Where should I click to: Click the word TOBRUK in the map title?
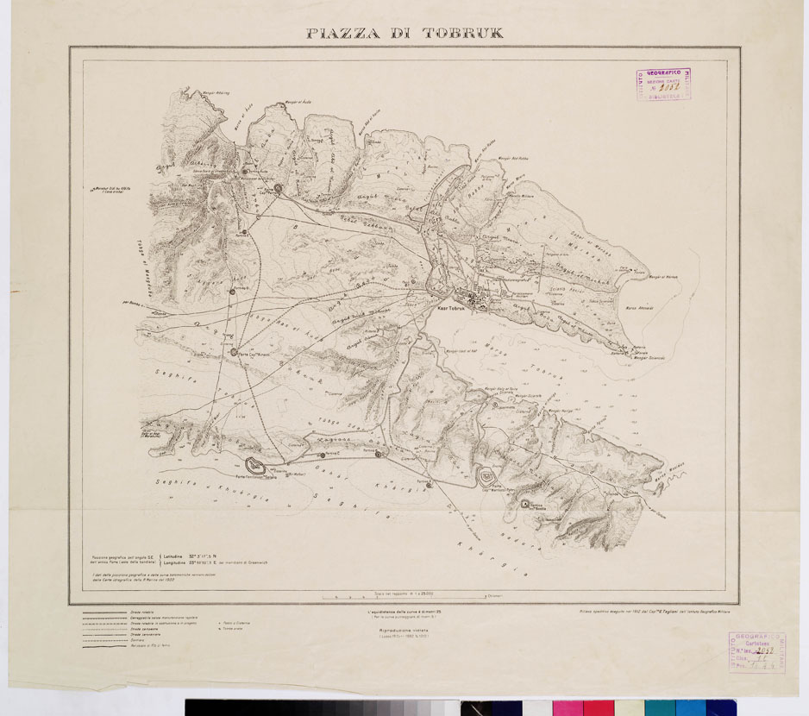(462, 34)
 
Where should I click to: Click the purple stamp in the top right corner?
(664, 85)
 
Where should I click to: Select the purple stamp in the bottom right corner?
(756, 651)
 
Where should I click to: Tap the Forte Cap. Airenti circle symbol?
(232, 350)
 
